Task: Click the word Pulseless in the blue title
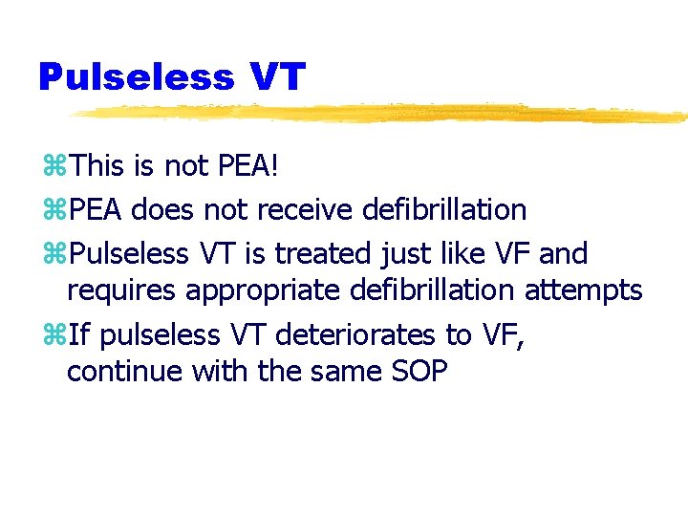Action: pyautogui.click(x=136, y=76)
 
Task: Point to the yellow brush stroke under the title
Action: pyautogui.click(x=382, y=113)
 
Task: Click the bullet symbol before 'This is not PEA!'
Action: pyautogui.click(x=54, y=168)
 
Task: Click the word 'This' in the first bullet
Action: pyautogui.click(x=103, y=167)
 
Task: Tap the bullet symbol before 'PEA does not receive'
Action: pyautogui.click(x=54, y=210)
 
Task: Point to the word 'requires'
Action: pyautogui.click(x=121, y=290)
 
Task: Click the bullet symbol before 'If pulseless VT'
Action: pyautogui.click(x=54, y=335)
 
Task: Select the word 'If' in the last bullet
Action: pyautogui.click(x=81, y=334)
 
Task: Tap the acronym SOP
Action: pyautogui.click(x=418, y=371)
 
